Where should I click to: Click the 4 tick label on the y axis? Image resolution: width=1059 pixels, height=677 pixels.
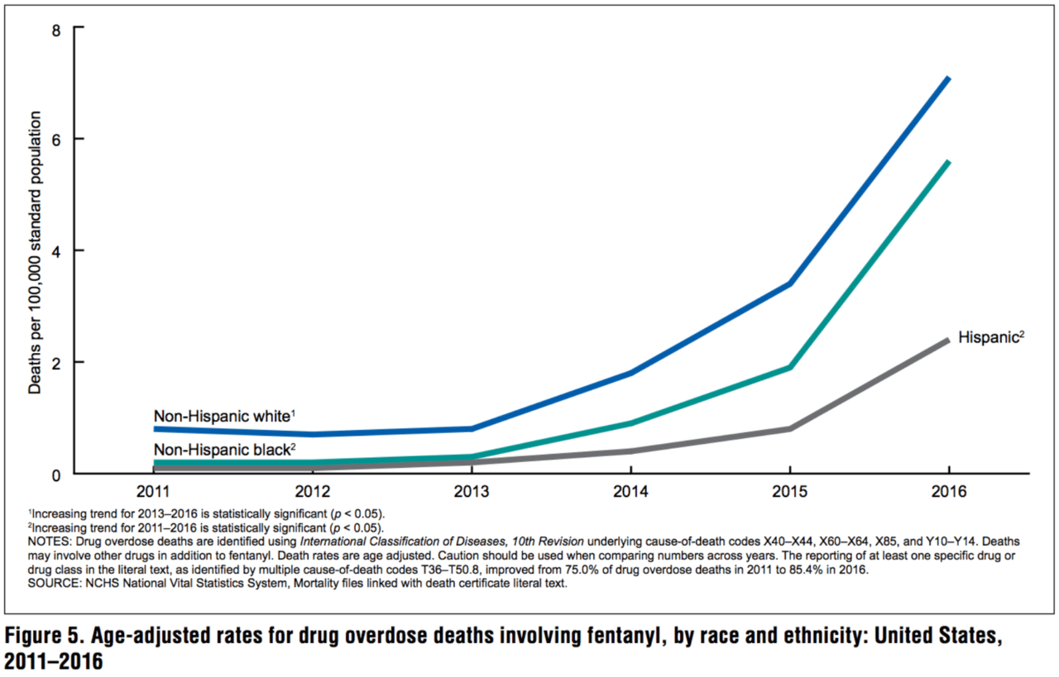pos(55,250)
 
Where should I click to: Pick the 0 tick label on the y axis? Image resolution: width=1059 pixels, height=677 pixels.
pos(55,474)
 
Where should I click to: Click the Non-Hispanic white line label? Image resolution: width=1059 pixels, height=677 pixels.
pos(224,416)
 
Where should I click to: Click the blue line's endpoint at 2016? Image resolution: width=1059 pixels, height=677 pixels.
pos(948,79)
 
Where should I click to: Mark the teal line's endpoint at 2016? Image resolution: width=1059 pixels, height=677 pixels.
pos(948,162)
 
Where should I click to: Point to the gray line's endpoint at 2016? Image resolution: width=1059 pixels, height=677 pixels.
pos(948,340)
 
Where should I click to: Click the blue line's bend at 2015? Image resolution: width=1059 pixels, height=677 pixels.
pos(791,284)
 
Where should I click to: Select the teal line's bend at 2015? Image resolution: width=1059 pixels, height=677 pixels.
pos(791,367)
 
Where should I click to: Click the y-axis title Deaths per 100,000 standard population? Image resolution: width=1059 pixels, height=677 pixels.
pos(35,251)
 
